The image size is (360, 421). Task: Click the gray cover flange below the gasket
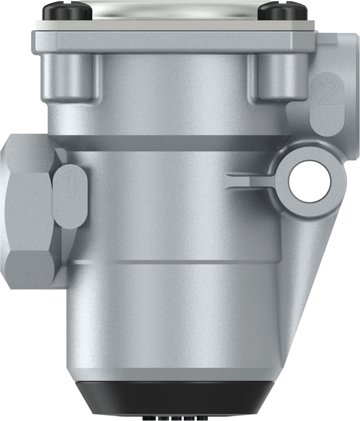point(176,41)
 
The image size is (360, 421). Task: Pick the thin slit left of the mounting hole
point(250,180)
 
